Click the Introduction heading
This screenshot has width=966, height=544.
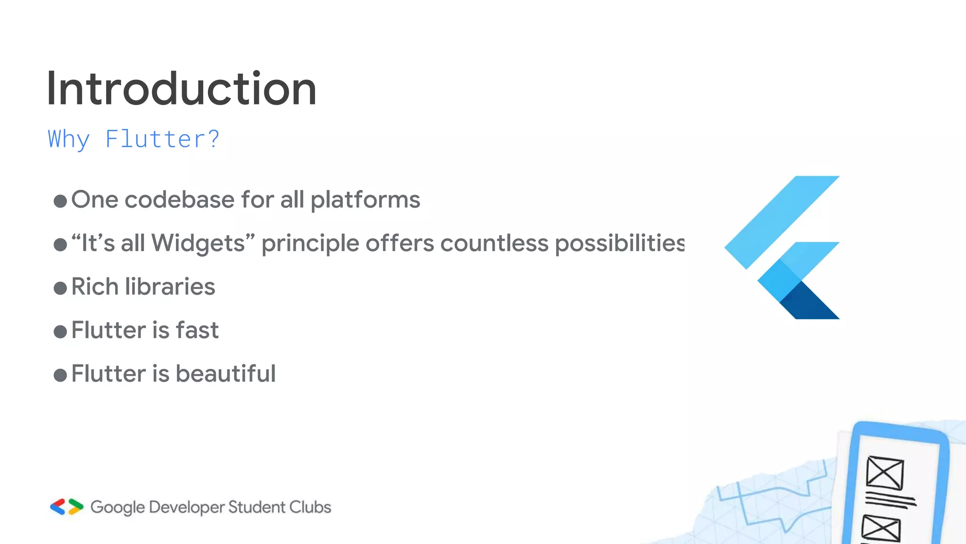182,89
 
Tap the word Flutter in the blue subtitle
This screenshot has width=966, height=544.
149,139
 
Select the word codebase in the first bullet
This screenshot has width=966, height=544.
179,199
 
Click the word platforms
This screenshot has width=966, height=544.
365,200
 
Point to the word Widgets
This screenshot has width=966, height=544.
198,243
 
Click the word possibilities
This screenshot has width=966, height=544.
619,243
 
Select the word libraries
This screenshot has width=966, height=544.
170,287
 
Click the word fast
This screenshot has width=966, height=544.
197,330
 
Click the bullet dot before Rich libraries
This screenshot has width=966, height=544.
60,288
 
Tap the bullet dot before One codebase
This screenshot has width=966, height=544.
60,201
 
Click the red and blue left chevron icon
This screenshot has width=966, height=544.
58,507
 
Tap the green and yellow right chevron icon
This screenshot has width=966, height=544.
75,507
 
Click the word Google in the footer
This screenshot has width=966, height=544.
117,508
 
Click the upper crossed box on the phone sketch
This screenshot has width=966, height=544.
885,473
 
